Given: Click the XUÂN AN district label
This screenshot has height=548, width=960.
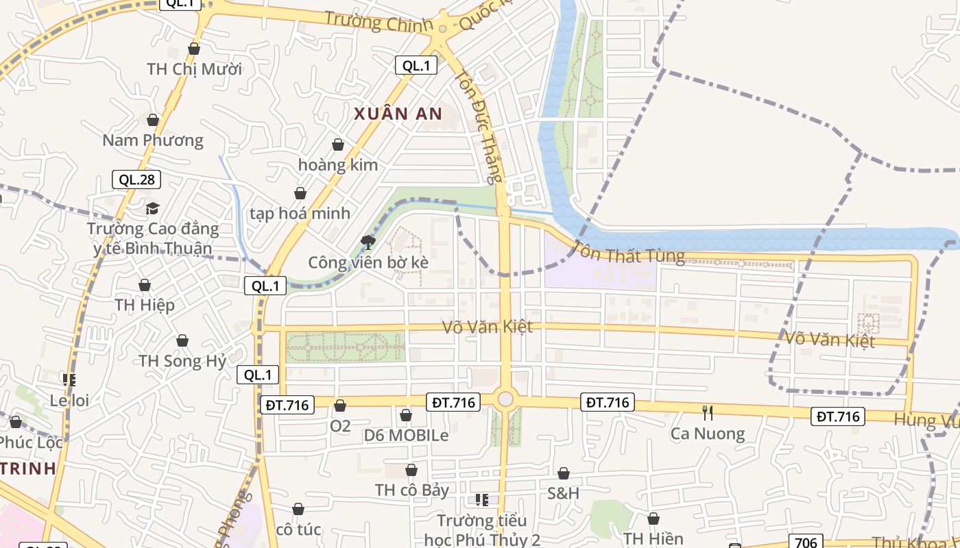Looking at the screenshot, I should (398, 114).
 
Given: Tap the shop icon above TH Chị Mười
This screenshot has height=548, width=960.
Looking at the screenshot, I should (194, 49).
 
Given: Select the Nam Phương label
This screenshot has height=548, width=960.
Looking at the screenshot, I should (153, 140).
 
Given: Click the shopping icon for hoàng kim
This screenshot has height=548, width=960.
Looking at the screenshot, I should (337, 145).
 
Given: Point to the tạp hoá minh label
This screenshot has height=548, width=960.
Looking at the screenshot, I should (300, 213).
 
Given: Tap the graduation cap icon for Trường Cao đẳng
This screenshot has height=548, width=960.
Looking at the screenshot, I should (152, 208).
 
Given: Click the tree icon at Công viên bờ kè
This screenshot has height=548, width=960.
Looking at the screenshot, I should (368, 241).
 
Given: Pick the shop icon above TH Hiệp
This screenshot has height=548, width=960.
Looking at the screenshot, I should (145, 285).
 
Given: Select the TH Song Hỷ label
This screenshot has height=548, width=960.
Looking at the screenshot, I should (182, 361).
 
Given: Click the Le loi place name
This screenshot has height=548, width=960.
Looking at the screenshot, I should (70, 400).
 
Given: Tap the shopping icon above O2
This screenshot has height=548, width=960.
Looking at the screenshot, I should (339, 406).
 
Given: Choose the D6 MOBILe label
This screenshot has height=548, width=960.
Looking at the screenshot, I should (406, 435).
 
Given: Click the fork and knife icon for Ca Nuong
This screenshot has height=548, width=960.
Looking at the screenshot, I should (708, 412).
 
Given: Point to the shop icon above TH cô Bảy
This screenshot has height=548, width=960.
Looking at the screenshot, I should (411, 470).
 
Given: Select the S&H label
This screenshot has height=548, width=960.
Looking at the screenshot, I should (563, 493).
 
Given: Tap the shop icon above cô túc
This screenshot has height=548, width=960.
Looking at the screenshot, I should (298, 509).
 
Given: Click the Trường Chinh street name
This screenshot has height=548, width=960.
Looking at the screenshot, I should (379, 21).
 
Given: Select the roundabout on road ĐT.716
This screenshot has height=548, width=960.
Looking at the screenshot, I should (505, 399).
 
